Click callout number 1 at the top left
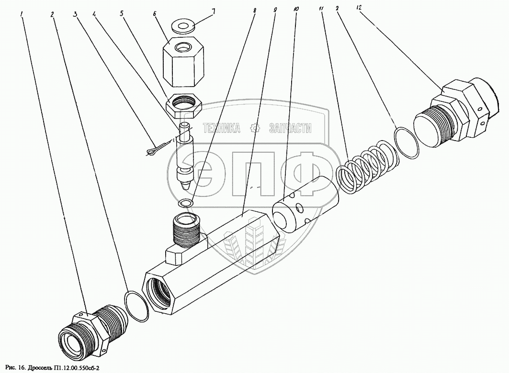pos(22,14)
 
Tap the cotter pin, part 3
pos(156,149)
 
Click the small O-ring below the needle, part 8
pos(186,203)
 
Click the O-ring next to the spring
pos(407,141)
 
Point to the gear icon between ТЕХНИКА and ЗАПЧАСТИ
pos(255,128)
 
